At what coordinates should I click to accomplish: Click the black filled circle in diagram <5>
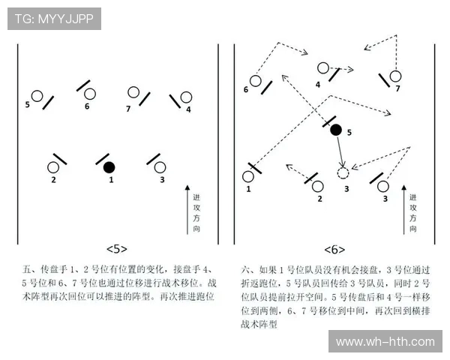pyautogui.click(x=109, y=166)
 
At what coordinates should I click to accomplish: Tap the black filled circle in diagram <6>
pyautogui.click(x=336, y=130)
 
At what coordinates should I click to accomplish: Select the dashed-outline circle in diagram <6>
pyautogui.click(x=343, y=173)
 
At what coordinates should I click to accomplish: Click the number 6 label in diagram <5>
pyautogui.click(x=87, y=106)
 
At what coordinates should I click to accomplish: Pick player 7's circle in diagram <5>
pyautogui.click(x=133, y=92)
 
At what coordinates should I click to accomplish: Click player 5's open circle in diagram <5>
pyautogui.click(x=36, y=96)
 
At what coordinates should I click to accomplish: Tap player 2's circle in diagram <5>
pyautogui.click(x=53, y=167)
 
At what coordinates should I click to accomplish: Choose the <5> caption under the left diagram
pyautogui.click(x=116, y=249)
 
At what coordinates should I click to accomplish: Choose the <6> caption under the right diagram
pyautogui.click(x=334, y=249)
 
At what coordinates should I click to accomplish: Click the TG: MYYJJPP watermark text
pyautogui.click(x=54, y=19)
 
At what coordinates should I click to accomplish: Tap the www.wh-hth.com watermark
pyautogui.click(x=385, y=342)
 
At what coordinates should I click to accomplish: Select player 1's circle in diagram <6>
pyautogui.click(x=248, y=176)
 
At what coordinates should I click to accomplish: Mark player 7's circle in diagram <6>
pyautogui.click(x=395, y=76)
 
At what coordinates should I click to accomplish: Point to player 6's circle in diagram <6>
pyautogui.click(x=256, y=80)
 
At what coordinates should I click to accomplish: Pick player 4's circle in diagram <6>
pyautogui.click(x=323, y=68)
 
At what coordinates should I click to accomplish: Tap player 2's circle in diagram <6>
pyautogui.click(x=317, y=185)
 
